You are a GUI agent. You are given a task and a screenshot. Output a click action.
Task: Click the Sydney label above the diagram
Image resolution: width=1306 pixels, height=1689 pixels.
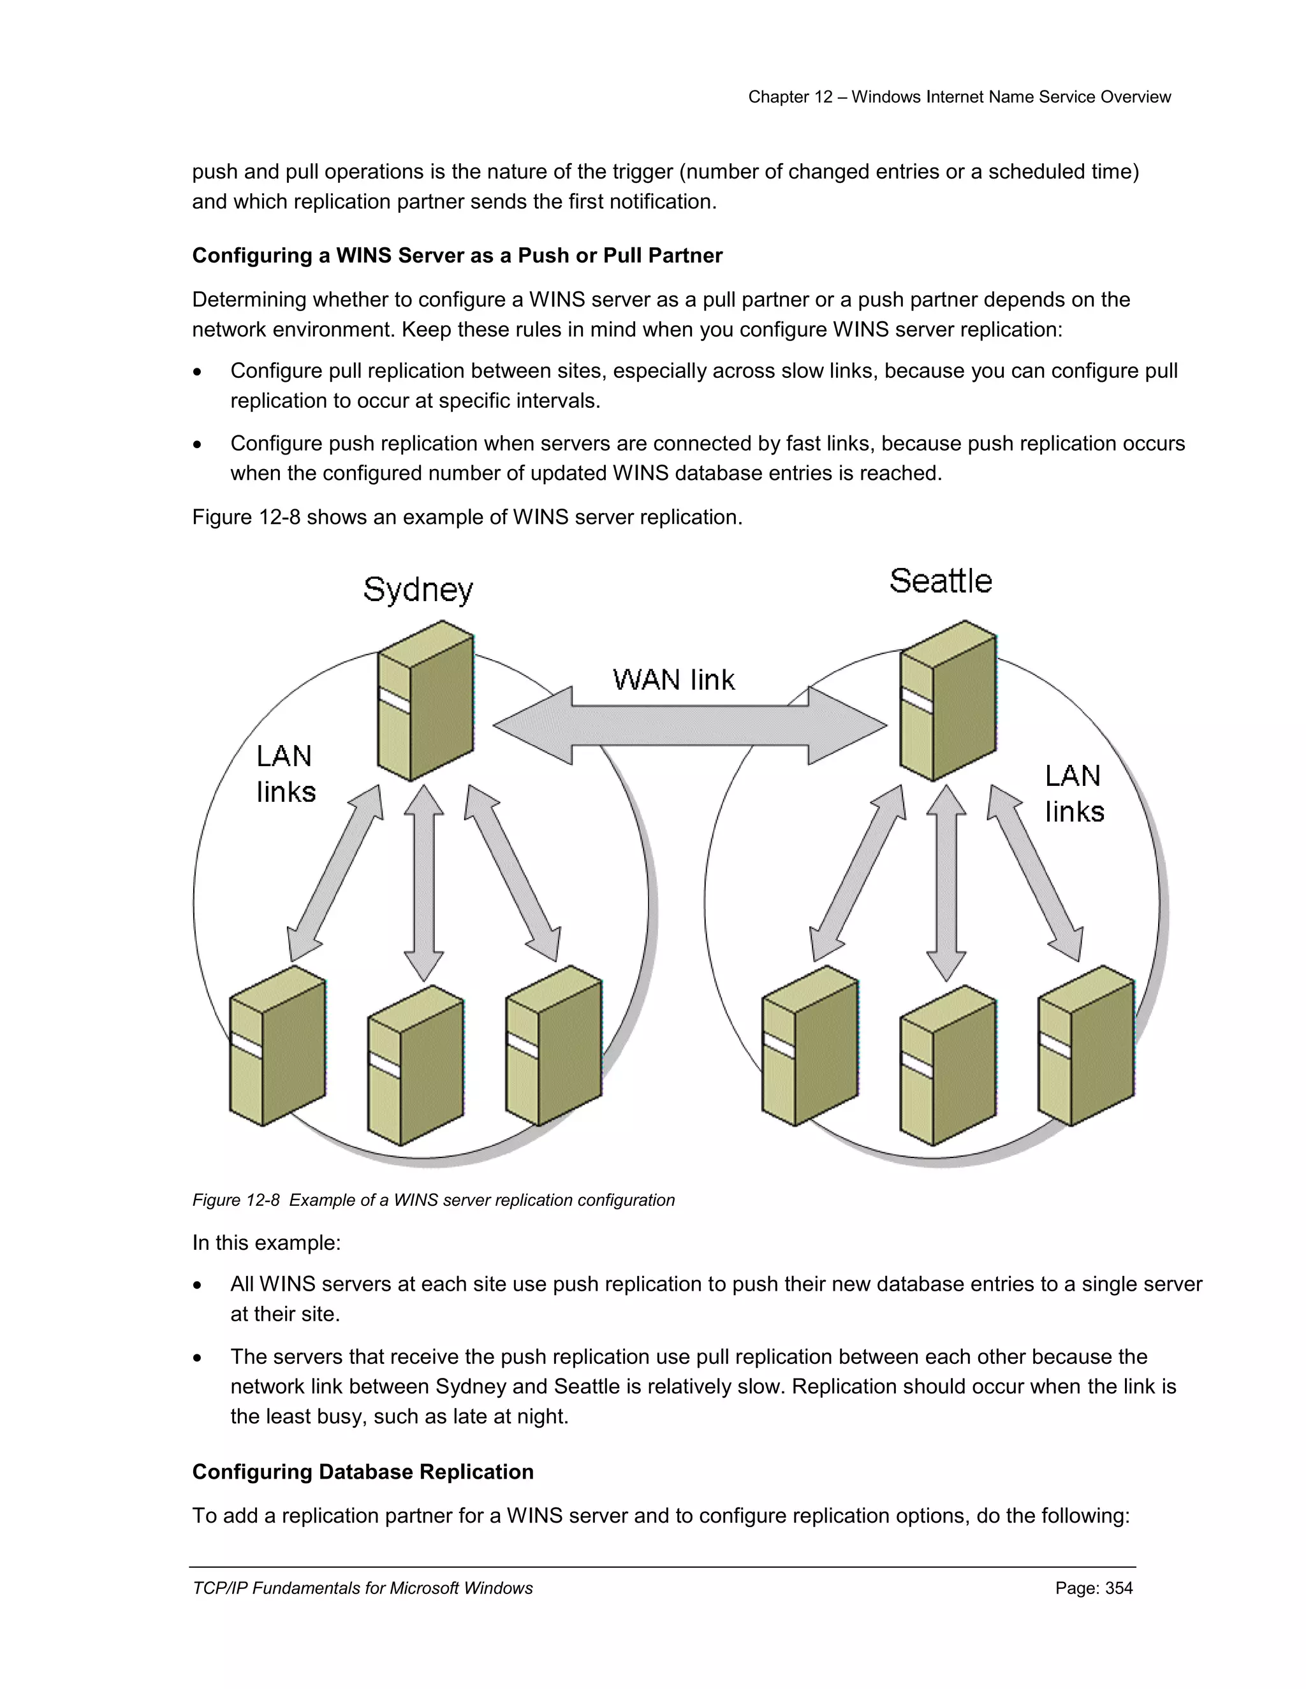[418, 591]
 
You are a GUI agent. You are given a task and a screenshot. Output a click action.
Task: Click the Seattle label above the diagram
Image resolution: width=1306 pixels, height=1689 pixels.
[940, 581]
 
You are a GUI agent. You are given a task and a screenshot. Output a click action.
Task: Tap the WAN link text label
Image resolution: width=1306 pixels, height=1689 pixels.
[673, 680]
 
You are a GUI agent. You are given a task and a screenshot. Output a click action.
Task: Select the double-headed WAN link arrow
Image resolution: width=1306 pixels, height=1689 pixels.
[689, 725]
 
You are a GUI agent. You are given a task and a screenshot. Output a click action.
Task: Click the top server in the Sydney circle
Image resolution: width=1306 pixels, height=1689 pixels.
[425, 700]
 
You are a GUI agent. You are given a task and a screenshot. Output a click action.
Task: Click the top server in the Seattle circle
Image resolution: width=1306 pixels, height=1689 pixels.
[948, 700]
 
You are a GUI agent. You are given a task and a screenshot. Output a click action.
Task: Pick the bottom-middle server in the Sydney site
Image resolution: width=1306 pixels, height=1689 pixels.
[416, 1066]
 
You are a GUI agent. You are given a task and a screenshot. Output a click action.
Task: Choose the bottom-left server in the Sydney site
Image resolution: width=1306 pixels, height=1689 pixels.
[278, 1045]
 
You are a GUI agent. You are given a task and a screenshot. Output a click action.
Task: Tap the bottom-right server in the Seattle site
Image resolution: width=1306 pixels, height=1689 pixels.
[1086, 1045]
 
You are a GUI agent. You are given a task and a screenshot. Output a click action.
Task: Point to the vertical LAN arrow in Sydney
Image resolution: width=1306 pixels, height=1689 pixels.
[424, 882]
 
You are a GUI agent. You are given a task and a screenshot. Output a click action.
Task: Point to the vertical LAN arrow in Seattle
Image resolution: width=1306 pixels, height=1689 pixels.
[946, 882]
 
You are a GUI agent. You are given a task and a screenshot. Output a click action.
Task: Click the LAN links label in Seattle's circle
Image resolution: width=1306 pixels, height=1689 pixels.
[1074, 794]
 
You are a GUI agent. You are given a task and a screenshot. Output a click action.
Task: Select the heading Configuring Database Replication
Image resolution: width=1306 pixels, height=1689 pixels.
[363, 1472]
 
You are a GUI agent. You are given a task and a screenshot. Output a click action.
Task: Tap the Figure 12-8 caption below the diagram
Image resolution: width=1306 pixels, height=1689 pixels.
[433, 1200]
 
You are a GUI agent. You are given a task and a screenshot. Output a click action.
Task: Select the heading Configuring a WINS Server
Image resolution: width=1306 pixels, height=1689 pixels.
[457, 256]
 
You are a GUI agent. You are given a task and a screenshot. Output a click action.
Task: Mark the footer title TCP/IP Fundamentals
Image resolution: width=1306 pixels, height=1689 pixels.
[362, 1588]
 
